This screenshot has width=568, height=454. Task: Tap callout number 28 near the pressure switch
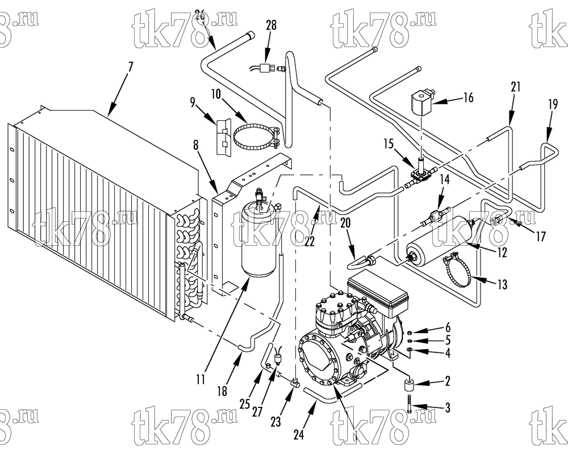coord(270,26)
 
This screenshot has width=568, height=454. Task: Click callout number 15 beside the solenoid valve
coord(389,144)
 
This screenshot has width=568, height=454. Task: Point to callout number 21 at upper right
coord(516,87)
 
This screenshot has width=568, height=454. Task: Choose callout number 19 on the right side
coord(553,105)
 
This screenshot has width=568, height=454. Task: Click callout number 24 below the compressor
coord(299,435)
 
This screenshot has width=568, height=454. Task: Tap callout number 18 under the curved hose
coord(222,391)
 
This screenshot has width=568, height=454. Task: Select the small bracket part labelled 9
coord(223,137)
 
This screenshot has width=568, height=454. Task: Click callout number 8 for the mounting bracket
coord(196,145)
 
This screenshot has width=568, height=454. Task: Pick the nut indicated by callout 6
coord(409,333)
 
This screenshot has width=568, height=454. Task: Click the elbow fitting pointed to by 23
coord(294,382)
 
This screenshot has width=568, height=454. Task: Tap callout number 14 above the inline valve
coord(445,180)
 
